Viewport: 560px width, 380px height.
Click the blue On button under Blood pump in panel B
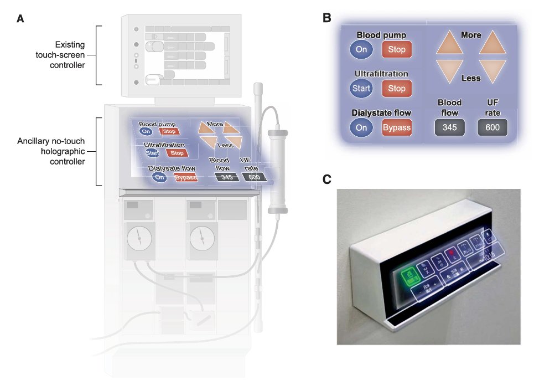361,50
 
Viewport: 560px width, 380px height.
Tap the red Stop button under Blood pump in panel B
397,50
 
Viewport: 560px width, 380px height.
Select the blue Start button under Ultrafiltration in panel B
361,89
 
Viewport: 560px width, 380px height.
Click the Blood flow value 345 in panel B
449,127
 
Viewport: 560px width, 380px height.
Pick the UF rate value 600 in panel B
492,127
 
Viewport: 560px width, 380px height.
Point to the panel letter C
326,179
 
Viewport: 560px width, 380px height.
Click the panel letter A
20,18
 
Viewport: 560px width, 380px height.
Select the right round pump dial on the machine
201,238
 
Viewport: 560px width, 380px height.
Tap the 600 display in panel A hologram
253,177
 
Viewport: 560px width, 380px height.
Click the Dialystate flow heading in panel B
380,112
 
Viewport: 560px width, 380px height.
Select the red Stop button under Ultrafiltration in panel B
397,89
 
